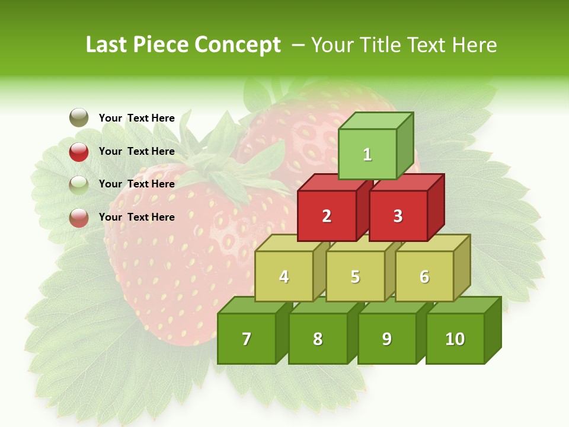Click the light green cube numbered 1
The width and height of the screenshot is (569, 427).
pyautogui.click(x=367, y=154)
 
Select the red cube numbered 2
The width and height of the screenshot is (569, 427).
pyautogui.click(x=327, y=216)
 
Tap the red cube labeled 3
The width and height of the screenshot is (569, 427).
pyautogui.click(x=398, y=216)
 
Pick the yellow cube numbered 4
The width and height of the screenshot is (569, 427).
pyautogui.click(x=284, y=276)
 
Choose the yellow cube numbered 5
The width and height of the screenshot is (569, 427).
pyautogui.click(x=355, y=276)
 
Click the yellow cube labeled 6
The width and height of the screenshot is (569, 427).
pyautogui.click(x=424, y=276)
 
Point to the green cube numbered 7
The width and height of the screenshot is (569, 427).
pyautogui.click(x=247, y=339)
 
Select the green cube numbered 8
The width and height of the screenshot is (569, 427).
pyautogui.click(x=318, y=339)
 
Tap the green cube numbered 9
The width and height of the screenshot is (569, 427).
pyautogui.click(x=386, y=339)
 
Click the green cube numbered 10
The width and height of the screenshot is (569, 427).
pyautogui.click(x=455, y=339)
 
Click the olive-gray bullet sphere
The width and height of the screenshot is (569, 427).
pyautogui.click(x=79, y=118)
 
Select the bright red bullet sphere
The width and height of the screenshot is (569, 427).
pyautogui.click(x=79, y=152)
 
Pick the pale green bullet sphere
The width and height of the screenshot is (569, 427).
pyautogui.click(x=79, y=184)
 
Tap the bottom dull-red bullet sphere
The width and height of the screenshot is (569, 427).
pyautogui.click(x=79, y=218)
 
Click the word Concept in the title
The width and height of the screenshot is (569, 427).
pyautogui.click(x=238, y=45)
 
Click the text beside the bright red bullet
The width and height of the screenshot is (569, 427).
pyautogui.click(x=136, y=151)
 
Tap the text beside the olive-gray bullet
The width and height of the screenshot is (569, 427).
pyautogui.click(x=136, y=118)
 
